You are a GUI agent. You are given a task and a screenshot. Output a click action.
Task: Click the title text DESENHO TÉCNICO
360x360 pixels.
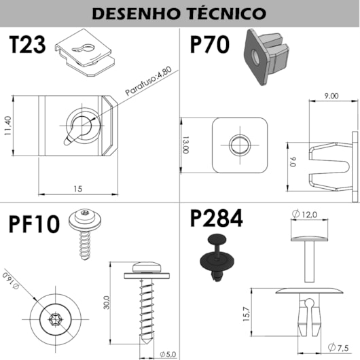(x=179, y=13)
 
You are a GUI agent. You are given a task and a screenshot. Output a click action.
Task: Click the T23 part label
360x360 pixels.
(x=27, y=46)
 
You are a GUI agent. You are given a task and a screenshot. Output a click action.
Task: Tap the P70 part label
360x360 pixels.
(x=209, y=46)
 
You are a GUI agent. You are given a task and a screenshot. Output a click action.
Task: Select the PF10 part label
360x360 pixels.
(x=34, y=223)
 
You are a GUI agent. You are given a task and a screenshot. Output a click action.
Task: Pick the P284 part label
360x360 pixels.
(x=216, y=219)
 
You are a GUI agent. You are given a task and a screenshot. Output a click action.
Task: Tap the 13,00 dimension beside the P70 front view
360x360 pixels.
(x=184, y=145)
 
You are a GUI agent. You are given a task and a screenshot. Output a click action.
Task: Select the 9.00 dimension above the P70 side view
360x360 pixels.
(x=331, y=96)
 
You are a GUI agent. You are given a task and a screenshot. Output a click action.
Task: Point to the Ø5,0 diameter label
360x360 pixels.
(x=168, y=353)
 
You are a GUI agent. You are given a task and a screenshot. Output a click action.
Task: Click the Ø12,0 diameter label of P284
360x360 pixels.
(x=305, y=214)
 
